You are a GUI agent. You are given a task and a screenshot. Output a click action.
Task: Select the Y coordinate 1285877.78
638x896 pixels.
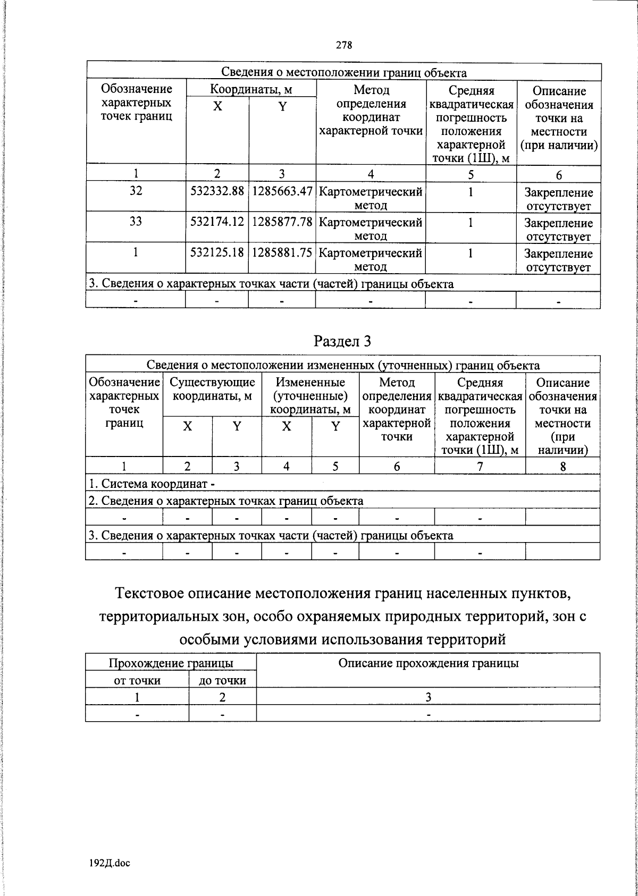(282, 222)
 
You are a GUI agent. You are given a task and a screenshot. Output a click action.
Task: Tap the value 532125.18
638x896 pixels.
(217, 252)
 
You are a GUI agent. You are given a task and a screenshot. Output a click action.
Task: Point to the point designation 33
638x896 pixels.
(136, 222)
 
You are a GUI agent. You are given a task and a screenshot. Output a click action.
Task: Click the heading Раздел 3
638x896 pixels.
(342, 341)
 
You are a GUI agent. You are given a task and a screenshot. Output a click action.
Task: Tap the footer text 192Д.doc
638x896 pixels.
(110, 864)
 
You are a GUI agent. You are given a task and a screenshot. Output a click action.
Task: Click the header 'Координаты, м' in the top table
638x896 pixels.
(251, 89)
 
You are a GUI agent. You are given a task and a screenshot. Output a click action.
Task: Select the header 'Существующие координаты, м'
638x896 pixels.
(212, 390)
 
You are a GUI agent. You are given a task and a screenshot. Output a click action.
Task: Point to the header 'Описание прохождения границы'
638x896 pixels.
(428, 663)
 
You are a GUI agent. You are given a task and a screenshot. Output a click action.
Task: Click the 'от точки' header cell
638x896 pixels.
(137, 680)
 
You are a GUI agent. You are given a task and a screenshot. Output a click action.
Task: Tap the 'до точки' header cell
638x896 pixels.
(222, 680)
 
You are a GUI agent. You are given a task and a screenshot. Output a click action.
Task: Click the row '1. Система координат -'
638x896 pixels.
(152, 484)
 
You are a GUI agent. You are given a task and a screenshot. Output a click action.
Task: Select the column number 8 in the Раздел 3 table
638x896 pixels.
(563, 467)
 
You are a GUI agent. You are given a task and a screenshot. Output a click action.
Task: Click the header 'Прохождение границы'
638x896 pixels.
(171, 663)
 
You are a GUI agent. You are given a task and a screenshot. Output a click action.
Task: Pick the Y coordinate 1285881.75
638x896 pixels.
(282, 252)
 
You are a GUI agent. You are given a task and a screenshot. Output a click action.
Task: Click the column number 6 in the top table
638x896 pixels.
(558, 174)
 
